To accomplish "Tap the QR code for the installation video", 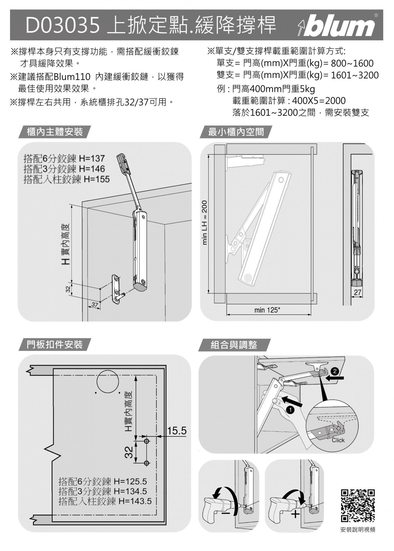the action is coord(358,506).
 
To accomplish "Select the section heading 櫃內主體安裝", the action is coord(55,132).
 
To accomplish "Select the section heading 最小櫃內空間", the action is coord(236,132).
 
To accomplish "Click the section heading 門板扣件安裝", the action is coord(55,345).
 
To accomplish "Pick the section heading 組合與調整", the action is coord(234,345).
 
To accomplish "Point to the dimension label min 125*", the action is coord(267,310).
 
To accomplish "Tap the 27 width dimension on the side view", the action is coord(358,292).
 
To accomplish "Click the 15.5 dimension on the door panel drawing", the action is coord(177,431).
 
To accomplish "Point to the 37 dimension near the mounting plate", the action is coord(95,304).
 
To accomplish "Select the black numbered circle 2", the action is coord(335,371).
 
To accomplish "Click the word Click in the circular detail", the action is coord(338,440).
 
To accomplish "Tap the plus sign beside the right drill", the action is coord(296,514).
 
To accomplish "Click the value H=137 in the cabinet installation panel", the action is coord(92,158).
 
